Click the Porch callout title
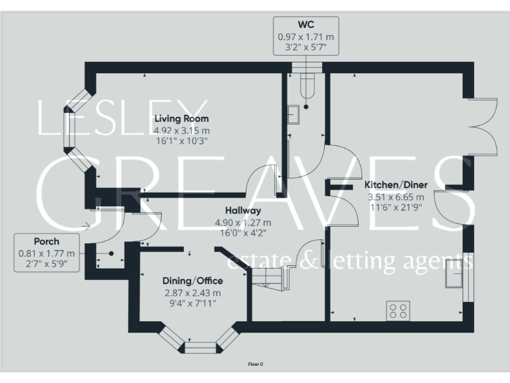point(46,241)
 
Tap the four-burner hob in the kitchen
point(398,311)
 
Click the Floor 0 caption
point(256,364)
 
